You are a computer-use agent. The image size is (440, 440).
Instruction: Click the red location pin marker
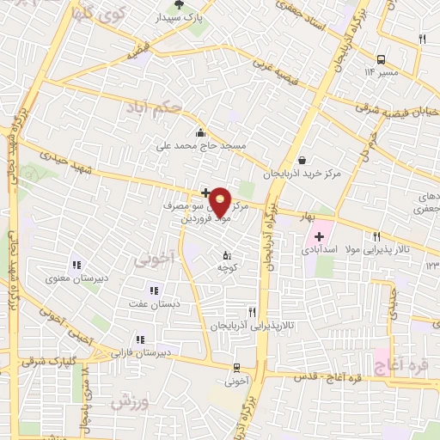pyautogui.click(x=220, y=202)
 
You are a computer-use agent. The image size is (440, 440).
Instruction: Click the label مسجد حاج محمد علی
pyautogui.click(x=200, y=146)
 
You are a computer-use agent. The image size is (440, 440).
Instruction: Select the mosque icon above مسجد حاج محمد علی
pyautogui.click(x=200, y=132)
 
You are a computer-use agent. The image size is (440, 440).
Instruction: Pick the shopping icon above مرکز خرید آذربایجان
pyautogui.click(x=302, y=159)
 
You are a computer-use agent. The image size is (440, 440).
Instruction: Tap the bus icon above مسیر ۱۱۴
pyautogui.click(x=380, y=59)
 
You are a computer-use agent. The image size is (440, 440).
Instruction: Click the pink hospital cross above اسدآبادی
pyautogui.click(x=320, y=236)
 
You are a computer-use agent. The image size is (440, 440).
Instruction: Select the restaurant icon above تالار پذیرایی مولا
pyautogui.click(x=376, y=236)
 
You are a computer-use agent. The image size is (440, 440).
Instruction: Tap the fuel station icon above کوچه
pyautogui.click(x=227, y=255)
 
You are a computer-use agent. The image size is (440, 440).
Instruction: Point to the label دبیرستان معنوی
pyautogui.click(x=76, y=278)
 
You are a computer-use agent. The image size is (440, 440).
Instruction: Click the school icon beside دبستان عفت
pyautogui.click(x=154, y=290)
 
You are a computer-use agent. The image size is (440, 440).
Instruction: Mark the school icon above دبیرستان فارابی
pyautogui.click(x=140, y=339)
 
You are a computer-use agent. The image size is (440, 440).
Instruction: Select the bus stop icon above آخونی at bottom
pyautogui.click(x=236, y=367)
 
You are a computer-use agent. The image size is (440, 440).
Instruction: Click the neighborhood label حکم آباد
pyautogui.click(x=155, y=109)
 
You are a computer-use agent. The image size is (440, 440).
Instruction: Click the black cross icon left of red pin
pyautogui.click(x=205, y=192)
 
